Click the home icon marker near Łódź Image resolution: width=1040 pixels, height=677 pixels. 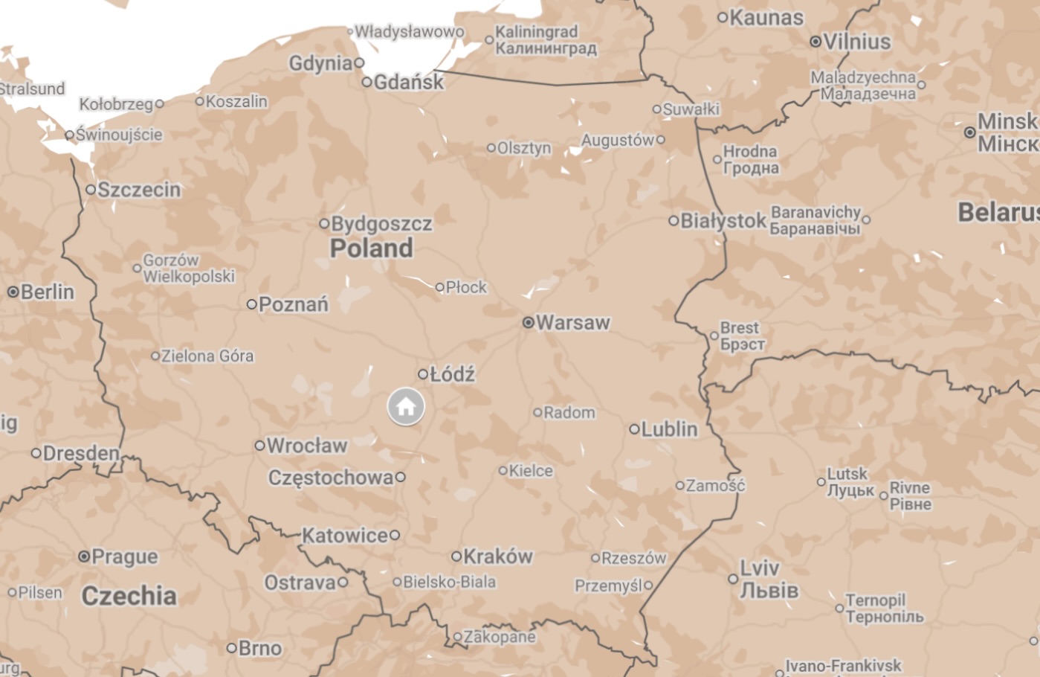click(x=406, y=407)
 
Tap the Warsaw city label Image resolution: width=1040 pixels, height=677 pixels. click(x=572, y=323)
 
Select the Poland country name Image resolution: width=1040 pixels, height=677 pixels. click(x=371, y=248)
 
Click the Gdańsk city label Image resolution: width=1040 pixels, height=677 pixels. click(x=408, y=82)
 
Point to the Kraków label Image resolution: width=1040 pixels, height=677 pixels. click(x=497, y=556)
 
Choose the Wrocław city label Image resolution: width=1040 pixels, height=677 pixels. click(x=306, y=446)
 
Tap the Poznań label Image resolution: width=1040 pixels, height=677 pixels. click(x=293, y=304)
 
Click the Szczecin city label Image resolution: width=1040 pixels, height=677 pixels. click(x=139, y=190)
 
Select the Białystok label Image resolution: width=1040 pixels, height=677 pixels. click(x=723, y=221)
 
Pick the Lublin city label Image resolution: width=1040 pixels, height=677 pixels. click(x=669, y=429)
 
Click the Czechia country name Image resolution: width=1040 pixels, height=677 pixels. click(x=129, y=596)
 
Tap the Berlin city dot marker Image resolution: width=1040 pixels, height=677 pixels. click(x=13, y=292)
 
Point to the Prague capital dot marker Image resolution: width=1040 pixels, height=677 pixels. click(x=84, y=556)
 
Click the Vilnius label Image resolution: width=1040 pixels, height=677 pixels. click(x=856, y=42)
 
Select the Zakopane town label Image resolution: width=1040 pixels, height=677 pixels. click(x=499, y=637)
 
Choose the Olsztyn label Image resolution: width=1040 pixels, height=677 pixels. click(x=524, y=148)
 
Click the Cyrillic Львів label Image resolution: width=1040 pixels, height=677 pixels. click(x=769, y=591)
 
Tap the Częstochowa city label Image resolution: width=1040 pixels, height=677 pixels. click(x=331, y=478)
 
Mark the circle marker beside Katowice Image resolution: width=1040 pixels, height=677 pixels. click(x=395, y=535)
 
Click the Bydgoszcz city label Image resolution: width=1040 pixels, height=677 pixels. click(x=381, y=224)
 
